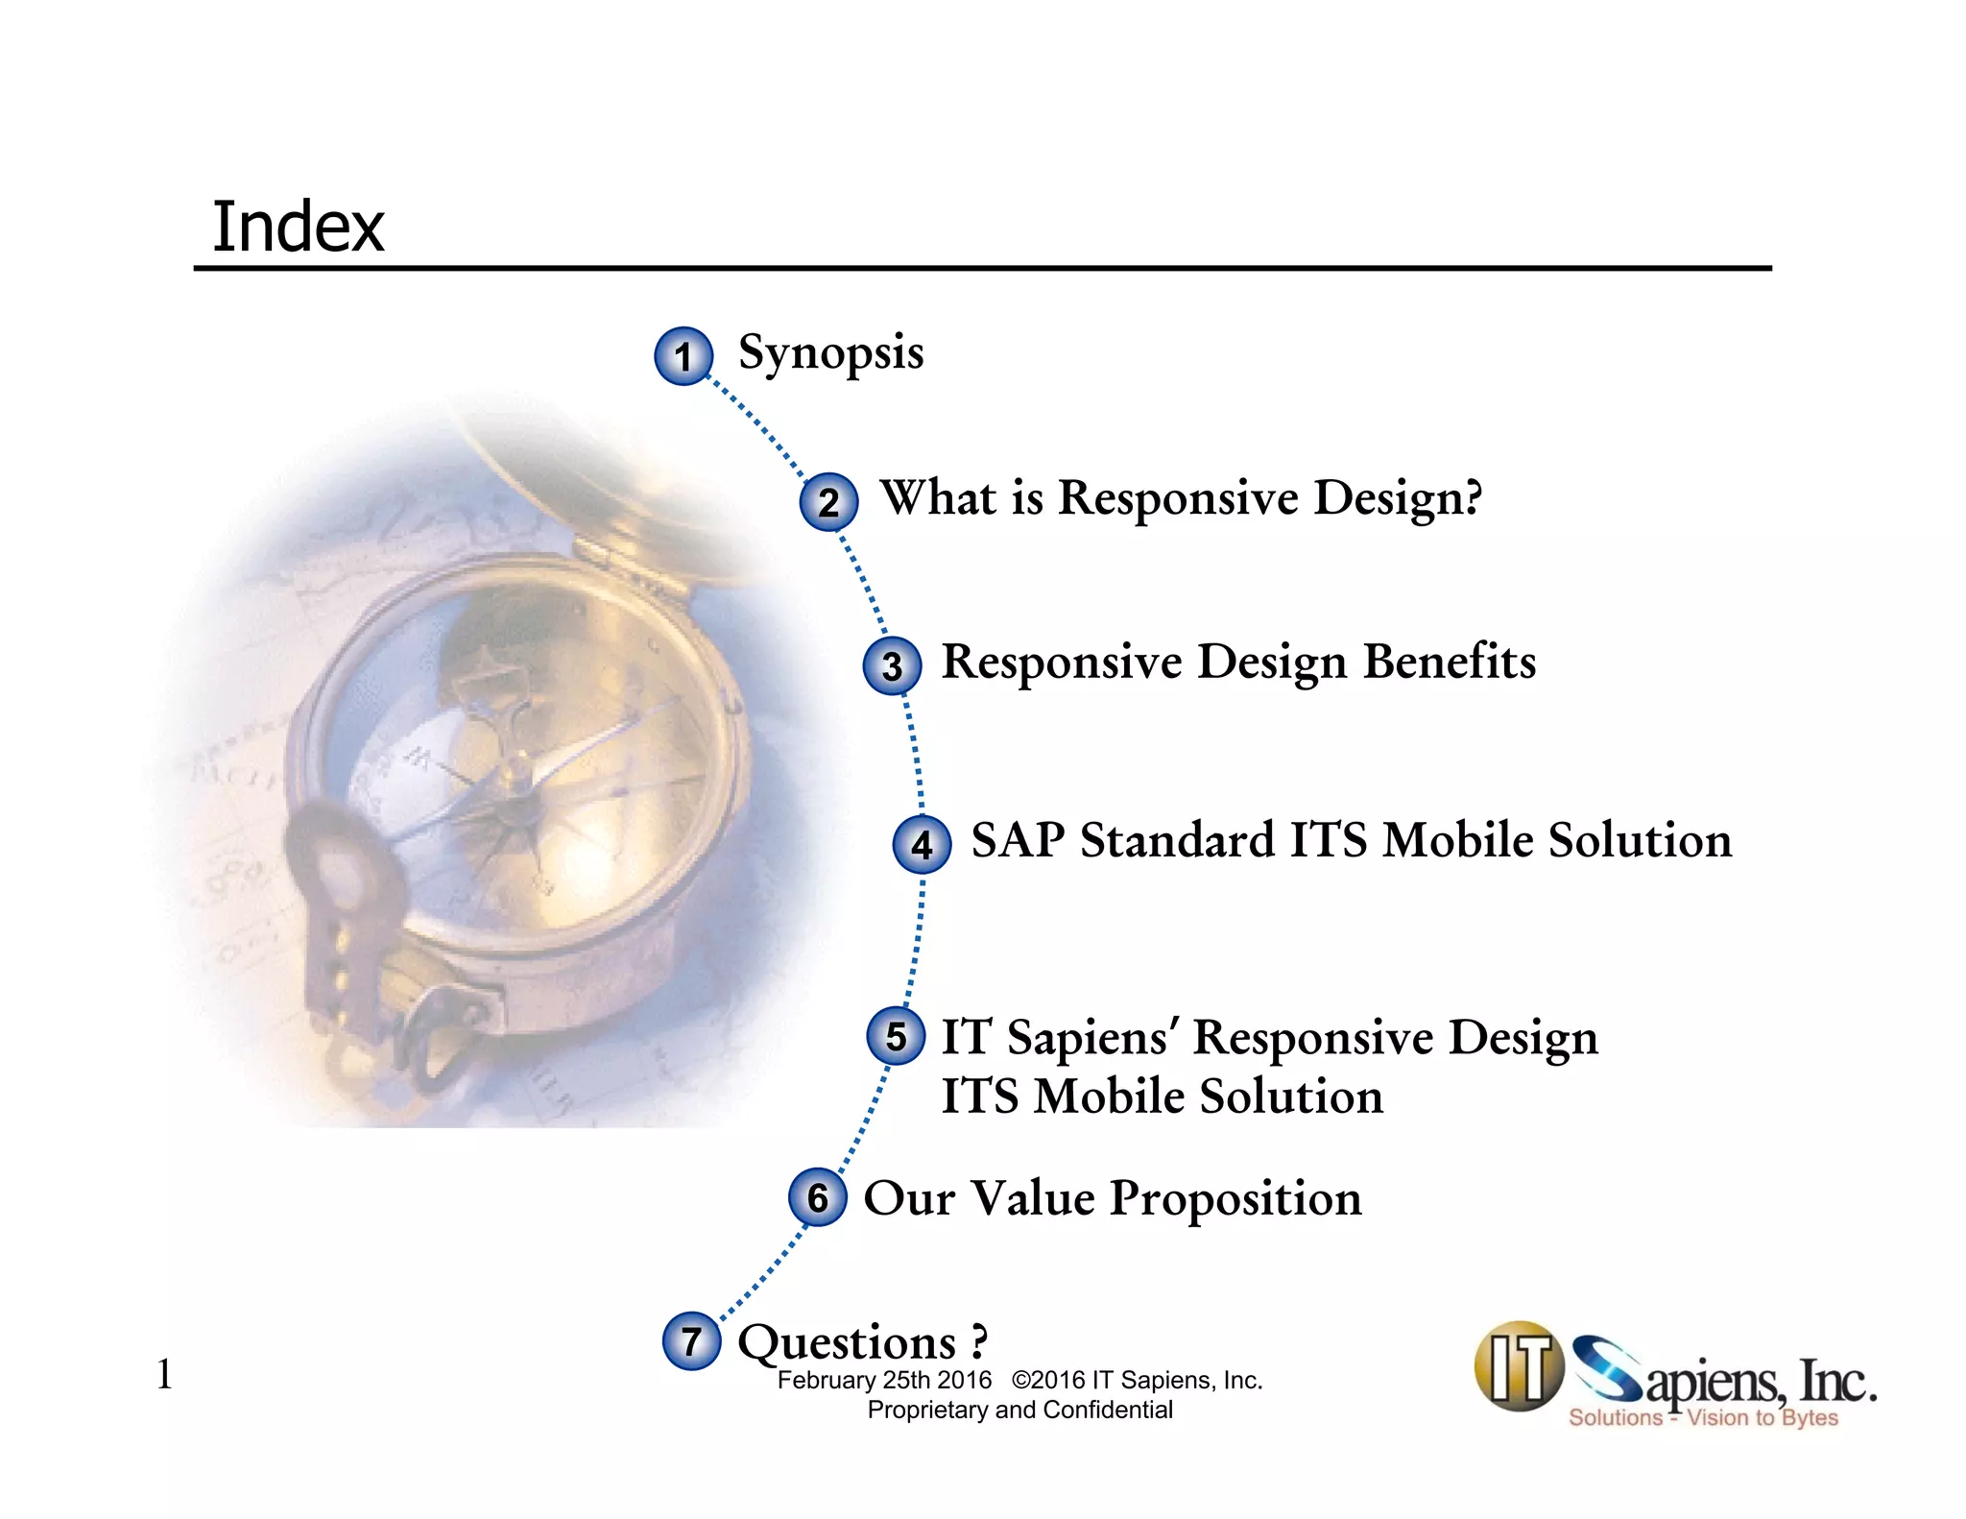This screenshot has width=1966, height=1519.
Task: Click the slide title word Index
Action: click(x=298, y=228)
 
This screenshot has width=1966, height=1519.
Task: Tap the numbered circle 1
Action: click(x=683, y=356)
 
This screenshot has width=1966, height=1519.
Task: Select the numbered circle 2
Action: click(x=828, y=502)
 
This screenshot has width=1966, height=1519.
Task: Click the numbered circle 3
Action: click(x=892, y=665)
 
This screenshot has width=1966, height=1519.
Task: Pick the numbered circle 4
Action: click(x=922, y=844)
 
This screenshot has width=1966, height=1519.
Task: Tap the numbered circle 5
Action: click(x=896, y=1036)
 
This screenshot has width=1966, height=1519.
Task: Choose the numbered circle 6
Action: click(x=817, y=1197)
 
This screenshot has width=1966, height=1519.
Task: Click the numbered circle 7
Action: click(x=691, y=1340)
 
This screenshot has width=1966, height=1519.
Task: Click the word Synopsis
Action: click(x=830, y=353)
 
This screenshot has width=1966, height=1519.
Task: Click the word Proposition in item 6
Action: click(x=1235, y=1199)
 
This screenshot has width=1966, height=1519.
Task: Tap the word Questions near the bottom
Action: click(x=847, y=1342)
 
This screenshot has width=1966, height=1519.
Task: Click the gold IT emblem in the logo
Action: click(x=1519, y=1366)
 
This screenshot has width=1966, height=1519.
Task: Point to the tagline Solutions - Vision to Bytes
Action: click(x=1703, y=1418)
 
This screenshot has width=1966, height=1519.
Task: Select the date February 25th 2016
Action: click(x=884, y=1380)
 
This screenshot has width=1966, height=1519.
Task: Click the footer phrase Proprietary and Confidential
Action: click(x=1019, y=1410)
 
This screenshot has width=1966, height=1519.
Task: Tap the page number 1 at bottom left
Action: click(x=164, y=1374)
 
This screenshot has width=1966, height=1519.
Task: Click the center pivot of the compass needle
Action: click(x=519, y=785)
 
